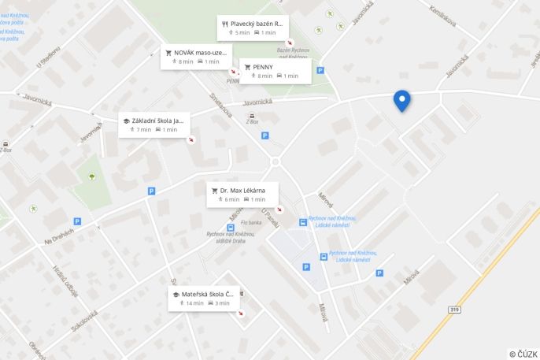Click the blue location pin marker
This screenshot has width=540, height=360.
pos(401,100)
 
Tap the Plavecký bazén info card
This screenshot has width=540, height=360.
pos(252,28)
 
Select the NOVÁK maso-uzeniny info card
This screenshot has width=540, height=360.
pos(197,57)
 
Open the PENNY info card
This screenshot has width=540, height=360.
pos(275,71)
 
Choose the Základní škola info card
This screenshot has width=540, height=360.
pos(153,124)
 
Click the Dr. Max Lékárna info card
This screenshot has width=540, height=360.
pos(242,194)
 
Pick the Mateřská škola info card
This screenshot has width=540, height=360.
pos(202,298)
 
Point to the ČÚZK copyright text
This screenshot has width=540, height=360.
pos(523,354)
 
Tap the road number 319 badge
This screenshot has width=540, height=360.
pos(454,310)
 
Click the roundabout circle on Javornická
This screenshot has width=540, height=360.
pos(275,162)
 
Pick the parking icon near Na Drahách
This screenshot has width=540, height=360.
pos(77,221)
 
